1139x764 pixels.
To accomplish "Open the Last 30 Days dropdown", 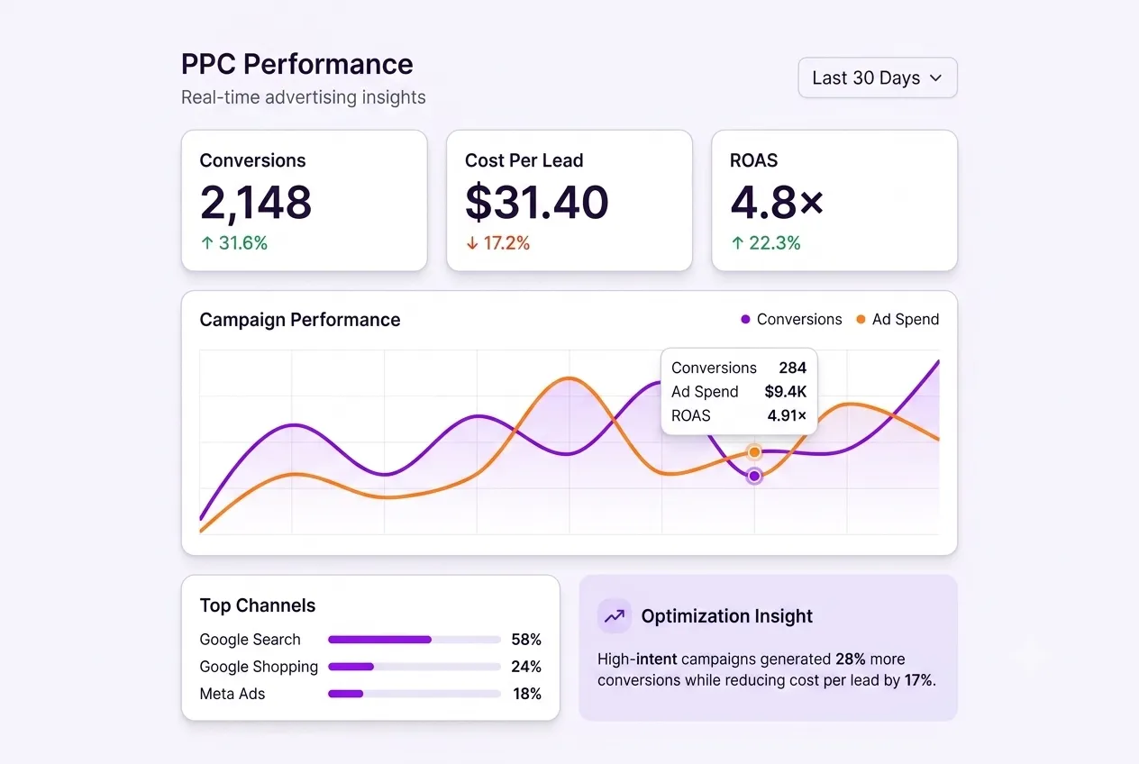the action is [x=877, y=77].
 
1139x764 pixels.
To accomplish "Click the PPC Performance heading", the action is [x=297, y=64].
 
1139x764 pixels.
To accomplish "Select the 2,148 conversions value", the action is [x=255, y=203].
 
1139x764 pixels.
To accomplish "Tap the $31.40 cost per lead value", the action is [x=536, y=203].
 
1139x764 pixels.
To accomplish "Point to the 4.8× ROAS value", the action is [x=777, y=203].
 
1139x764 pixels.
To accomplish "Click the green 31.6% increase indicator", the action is [x=234, y=243].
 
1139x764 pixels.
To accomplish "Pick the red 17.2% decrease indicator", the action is [x=497, y=243].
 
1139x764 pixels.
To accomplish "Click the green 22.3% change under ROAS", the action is [x=766, y=243].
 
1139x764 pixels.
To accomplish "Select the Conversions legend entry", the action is [x=791, y=319].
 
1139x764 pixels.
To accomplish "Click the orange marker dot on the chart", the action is [x=754, y=452].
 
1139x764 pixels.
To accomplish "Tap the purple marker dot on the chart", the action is [x=754, y=476].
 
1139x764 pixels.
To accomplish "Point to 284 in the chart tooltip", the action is [x=792, y=368].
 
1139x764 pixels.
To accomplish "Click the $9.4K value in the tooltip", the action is [x=785, y=391].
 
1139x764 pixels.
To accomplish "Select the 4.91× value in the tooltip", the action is [x=787, y=415].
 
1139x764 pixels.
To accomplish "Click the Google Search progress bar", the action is [x=415, y=640].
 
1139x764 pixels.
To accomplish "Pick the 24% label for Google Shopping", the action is [x=525, y=667].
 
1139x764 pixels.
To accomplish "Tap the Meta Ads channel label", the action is [x=232, y=694].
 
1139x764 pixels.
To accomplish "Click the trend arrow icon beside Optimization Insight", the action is [x=615, y=616].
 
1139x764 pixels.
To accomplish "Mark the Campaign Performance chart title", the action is [x=300, y=320].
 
